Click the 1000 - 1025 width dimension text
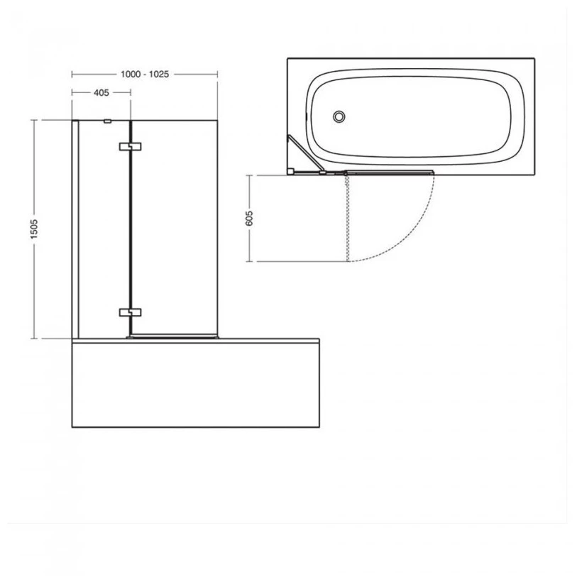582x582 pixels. (144, 74)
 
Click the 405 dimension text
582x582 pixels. (100, 92)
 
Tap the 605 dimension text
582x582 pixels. (248, 218)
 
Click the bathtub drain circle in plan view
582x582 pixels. (339, 116)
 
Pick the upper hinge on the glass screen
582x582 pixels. (131, 147)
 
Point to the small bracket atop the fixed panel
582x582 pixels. (107, 121)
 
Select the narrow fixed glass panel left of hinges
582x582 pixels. (104, 227)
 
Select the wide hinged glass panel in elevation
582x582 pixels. (174, 227)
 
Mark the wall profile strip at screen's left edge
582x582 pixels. (75, 227)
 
